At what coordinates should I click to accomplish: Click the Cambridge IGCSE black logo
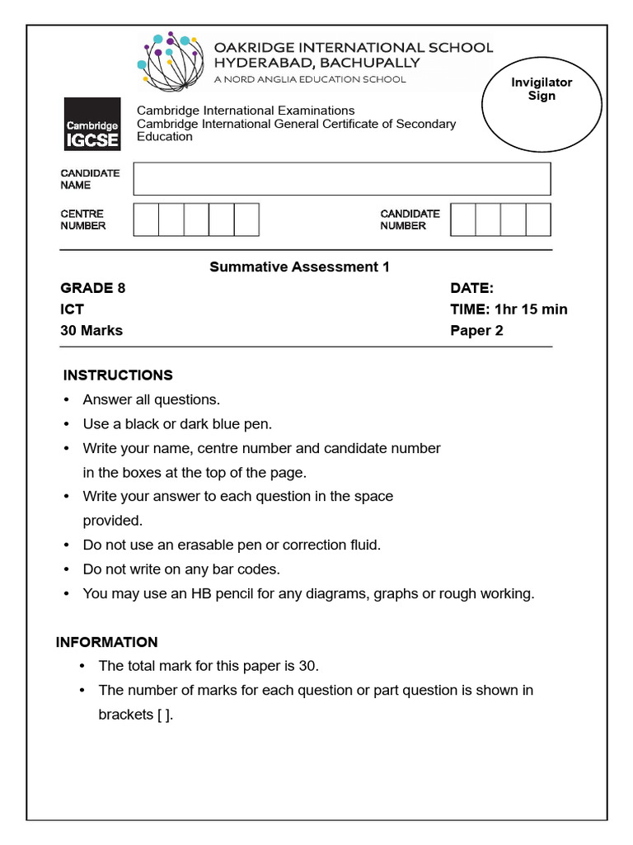click(x=92, y=125)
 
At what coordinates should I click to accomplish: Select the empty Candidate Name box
click(x=341, y=179)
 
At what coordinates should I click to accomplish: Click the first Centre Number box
click(x=146, y=220)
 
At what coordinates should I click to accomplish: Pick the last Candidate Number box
click(x=538, y=220)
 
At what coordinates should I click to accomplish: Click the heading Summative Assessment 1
click(x=299, y=267)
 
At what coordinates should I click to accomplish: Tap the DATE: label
click(x=471, y=288)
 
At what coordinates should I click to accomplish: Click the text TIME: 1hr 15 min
click(x=509, y=309)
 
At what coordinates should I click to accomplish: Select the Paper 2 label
click(x=476, y=331)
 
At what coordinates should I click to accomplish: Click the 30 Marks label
click(x=91, y=331)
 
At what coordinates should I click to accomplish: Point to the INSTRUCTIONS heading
click(x=118, y=375)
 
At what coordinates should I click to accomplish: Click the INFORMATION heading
click(x=106, y=642)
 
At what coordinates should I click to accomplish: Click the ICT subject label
click(x=72, y=309)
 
